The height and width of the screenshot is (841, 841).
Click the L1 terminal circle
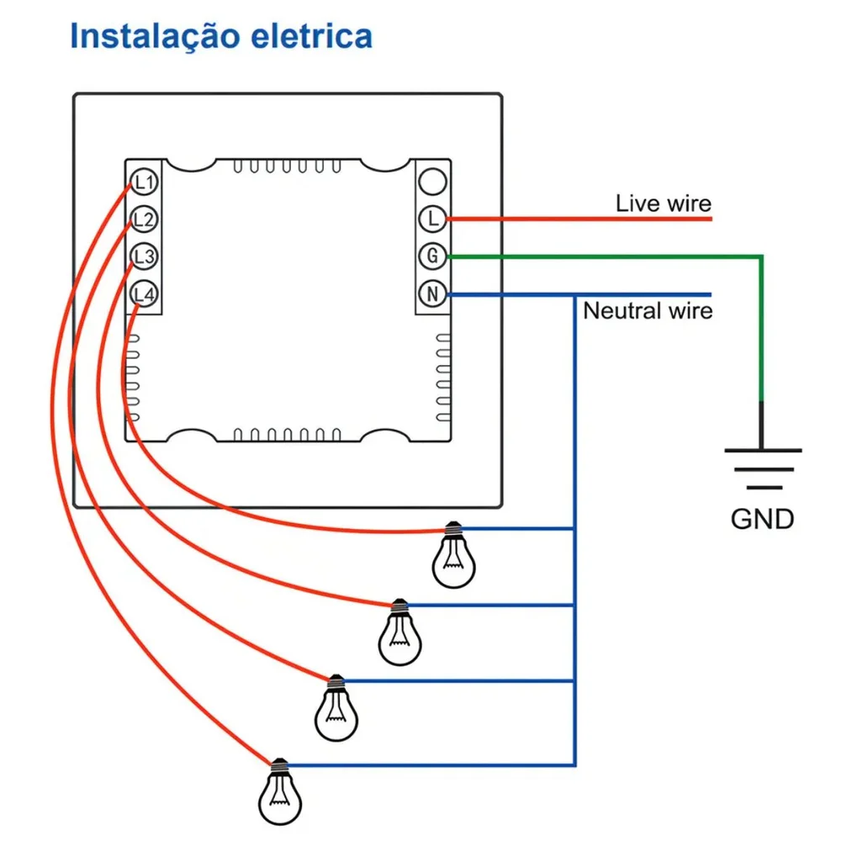[144, 182]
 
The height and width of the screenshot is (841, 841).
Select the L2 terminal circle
[144, 220]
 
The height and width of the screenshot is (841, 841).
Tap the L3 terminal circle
[144, 257]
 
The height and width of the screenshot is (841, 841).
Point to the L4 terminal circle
[144, 294]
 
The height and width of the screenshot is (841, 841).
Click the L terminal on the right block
[432, 219]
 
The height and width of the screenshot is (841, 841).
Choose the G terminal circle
[432, 256]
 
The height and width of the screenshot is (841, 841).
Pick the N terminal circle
[432, 294]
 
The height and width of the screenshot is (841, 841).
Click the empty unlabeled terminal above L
[432, 180]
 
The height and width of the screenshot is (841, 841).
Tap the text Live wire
[663, 203]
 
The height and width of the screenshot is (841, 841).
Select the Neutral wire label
[648, 311]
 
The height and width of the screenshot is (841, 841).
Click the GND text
[762, 519]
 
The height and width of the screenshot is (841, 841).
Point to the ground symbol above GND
[762, 468]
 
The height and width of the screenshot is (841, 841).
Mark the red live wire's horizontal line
[580, 219]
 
